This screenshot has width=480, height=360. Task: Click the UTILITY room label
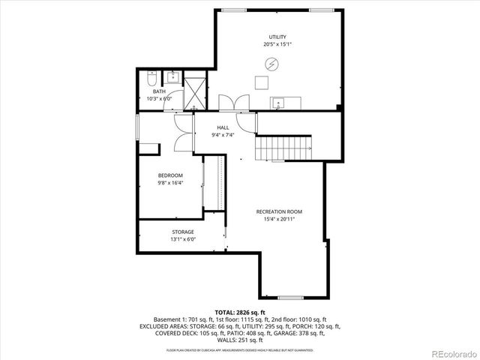(x=277, y=37)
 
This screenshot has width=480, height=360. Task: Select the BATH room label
(x=159, y=91)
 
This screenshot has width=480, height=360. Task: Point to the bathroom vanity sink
(x=173, y=76)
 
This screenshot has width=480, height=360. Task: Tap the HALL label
(x=223, y=127)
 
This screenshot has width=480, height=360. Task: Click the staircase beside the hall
(x=283, y=148)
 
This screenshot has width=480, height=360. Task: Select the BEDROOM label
(x=170, y=175)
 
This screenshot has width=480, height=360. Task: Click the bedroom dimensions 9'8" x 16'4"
(x=170, y=183)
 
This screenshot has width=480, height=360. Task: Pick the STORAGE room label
(x=183, y=232)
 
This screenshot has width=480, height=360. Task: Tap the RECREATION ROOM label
(x=279, y=211)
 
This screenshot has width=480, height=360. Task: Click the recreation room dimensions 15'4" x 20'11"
(x=279, y=219)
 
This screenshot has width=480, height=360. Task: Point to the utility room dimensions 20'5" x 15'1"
(x=277, y=44)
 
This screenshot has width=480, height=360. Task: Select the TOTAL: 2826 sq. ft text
(x=240, y=311)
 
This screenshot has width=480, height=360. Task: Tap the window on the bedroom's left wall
(x=136, y=124)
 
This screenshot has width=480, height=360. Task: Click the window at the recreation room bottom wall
(x=289, y=298)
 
